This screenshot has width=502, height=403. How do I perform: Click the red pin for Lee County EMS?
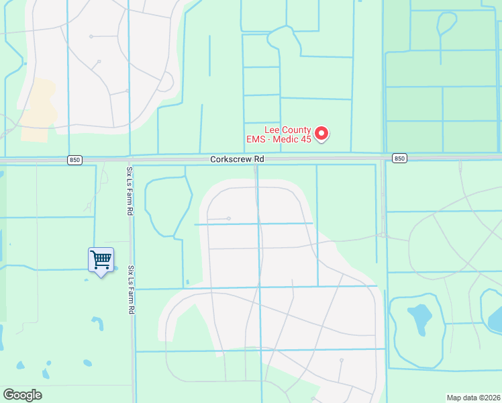(321, 133)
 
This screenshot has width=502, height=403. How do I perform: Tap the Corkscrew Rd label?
(237, 159)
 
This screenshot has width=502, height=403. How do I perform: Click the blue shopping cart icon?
(101, 259)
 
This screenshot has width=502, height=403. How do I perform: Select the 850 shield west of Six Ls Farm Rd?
(74, 159)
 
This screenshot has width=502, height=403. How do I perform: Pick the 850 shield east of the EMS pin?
(399, 159)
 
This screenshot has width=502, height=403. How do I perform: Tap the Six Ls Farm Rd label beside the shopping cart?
(132, 289)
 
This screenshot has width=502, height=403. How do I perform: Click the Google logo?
(22, 395)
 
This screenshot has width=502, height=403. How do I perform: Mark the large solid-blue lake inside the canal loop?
(418, 320)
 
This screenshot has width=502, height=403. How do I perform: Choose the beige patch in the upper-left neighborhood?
(38, 111)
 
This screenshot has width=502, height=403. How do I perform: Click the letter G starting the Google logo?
(8, 394)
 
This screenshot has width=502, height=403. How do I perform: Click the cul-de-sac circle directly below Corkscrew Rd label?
(229, 218)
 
